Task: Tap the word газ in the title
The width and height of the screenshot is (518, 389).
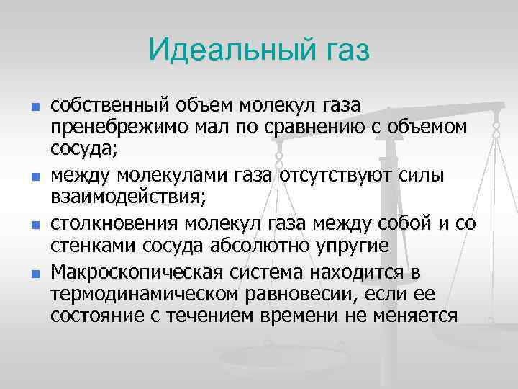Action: coord(342,50)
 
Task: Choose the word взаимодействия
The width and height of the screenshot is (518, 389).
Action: coord(122,197)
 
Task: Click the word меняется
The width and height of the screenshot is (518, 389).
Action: coord(418,316)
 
